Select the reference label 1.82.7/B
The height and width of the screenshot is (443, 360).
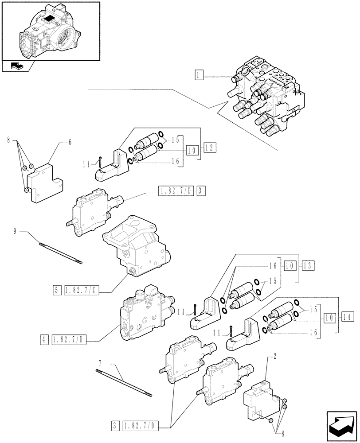70,340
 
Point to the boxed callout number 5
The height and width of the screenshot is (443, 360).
57,291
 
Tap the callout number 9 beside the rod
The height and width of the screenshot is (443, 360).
15,231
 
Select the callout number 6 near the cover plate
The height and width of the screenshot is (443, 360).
70,142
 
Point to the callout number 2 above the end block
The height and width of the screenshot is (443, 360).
275,356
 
